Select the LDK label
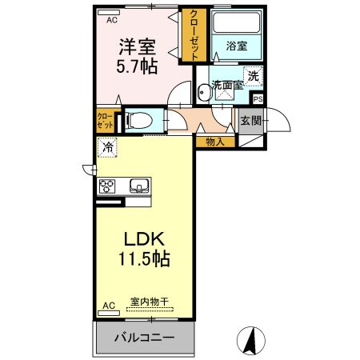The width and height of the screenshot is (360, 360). coord(144,238)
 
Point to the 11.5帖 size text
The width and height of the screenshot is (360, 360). coord(144,260)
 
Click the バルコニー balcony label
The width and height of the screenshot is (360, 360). coord(143,338)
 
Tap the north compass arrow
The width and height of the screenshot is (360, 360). coord(250,341)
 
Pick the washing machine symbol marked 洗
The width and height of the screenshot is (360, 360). coord(252,77)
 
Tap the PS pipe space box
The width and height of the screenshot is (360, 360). coord(257,98)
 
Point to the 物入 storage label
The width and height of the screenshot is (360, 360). coord(214,142)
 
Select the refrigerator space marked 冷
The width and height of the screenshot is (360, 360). coord(106,147)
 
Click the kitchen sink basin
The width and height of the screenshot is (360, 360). coord(138,186)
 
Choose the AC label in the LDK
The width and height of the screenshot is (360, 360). coord(108,306)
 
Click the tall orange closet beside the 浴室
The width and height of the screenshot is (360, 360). coord(193,34)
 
